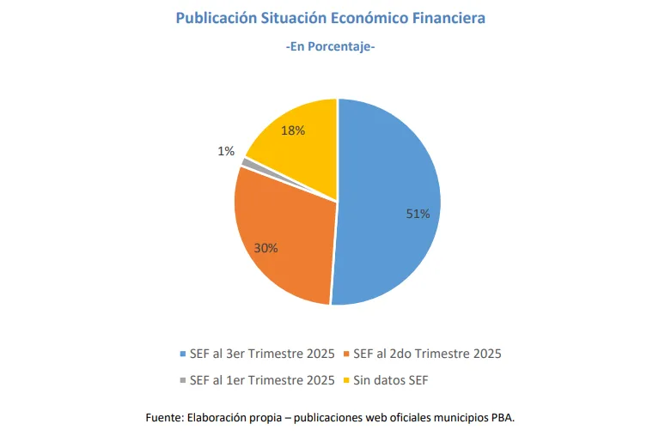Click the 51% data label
point(418,214)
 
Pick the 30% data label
point(265,248)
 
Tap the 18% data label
point(293,130)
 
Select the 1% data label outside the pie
point(226,151)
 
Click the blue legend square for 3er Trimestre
point(180,354)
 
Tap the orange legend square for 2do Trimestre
point(345,354)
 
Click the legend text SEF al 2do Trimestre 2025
point(427,354)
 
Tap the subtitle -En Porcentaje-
point(330,47)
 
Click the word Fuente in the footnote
point(162,418)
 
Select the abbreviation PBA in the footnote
point(503,418)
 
